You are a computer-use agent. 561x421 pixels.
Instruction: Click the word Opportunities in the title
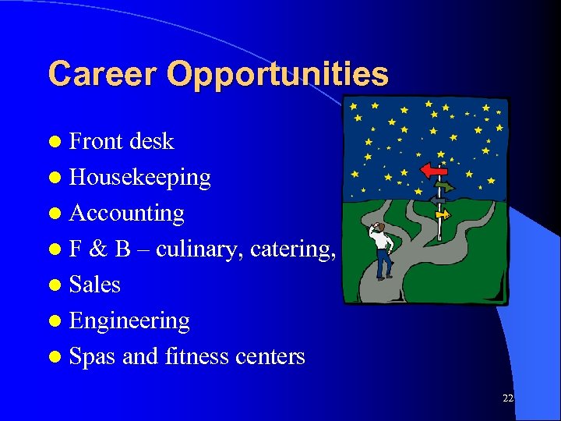277,75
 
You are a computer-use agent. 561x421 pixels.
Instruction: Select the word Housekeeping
139,177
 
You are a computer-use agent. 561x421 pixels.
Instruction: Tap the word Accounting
126,213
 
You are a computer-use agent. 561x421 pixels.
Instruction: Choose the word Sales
94,285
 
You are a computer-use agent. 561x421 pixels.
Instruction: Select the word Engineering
129,320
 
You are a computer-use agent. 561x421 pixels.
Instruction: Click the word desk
151,141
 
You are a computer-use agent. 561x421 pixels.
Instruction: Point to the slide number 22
508,398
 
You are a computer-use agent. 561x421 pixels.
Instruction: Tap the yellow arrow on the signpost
442,213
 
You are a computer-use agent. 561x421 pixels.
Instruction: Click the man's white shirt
383,241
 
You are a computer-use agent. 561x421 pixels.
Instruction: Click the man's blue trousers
383,265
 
